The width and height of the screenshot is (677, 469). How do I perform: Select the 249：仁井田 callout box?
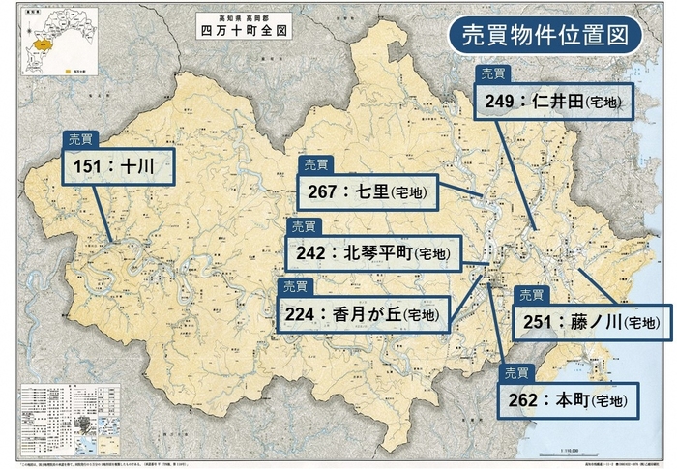click(552, 102)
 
